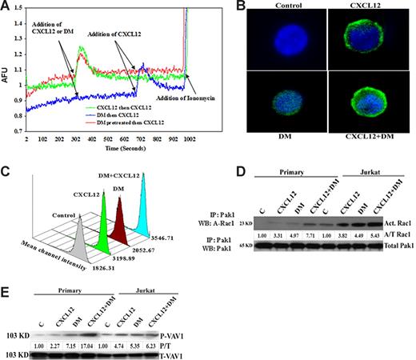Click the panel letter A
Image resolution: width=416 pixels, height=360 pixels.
point(7,6)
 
